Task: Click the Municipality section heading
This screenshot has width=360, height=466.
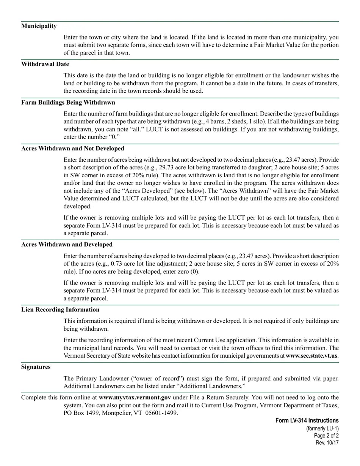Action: [x=39, y=26]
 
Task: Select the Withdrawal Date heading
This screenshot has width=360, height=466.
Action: [x=45, y=64]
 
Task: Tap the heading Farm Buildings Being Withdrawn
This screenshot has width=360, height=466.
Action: [x=68, y=103]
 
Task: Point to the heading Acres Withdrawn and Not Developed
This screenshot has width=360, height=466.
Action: [x=72, y=149]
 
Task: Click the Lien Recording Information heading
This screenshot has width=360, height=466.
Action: [x=60, y=310]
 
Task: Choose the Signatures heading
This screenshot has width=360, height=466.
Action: [x=36, y=367]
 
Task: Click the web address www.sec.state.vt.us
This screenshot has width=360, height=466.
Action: [x=311, y=356]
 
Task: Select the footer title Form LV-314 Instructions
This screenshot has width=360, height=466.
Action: [x=307, y=421]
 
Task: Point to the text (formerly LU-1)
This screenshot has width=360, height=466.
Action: [x=322, y=429]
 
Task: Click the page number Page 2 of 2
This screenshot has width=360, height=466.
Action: [x=326, y=436]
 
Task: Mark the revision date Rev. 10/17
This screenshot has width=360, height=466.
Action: [x=327, y=443]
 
